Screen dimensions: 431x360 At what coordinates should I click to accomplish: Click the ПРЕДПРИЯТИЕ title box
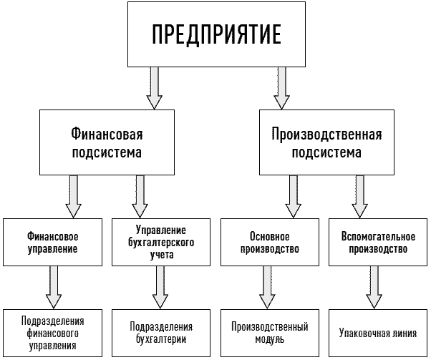pos(216,34)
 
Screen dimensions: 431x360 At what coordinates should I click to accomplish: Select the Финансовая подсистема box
pos(107,142)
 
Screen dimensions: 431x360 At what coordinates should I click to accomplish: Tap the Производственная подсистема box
pos(326,142)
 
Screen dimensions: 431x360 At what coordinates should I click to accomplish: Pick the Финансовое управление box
pos(52,243)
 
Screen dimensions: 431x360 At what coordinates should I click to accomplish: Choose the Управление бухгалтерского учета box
pos(161,243)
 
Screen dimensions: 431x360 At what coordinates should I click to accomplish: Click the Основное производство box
pos(270,243)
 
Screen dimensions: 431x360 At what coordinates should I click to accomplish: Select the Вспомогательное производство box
pos(378,243)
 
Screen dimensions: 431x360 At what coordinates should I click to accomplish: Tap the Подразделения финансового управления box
pos(52,333)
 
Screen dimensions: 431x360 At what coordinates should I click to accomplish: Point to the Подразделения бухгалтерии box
pos(161,333)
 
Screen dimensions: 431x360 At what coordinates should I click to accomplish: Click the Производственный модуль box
pos(270,333)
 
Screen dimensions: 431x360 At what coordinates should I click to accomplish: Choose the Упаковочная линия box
pos(378,333)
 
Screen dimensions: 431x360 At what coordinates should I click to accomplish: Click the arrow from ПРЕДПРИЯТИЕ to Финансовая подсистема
pos(154,88)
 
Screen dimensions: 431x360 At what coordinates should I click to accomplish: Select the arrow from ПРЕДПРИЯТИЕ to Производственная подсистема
pos(282,88)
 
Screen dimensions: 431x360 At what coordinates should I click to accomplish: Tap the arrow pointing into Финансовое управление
pos(74,197)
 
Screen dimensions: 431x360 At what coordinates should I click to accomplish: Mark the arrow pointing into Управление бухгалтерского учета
pos(140,197)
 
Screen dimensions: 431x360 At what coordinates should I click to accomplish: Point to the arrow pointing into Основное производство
pos(294,197)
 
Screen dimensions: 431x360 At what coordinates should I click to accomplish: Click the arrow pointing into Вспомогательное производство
pos(360,197)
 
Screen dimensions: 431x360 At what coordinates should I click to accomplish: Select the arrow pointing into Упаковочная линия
pos(374,288)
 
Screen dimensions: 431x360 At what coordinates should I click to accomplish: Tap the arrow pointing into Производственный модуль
pos(267,288)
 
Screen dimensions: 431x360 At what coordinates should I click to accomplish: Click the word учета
pos(162,255)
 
